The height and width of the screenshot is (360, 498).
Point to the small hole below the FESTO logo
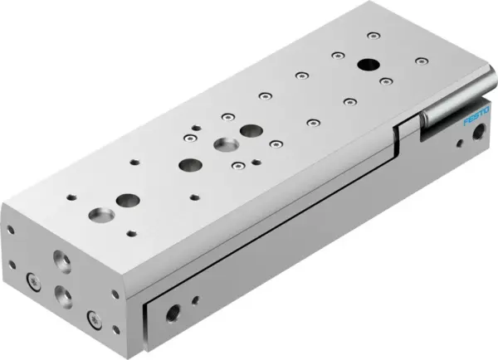pyautogui.click(x=459, y=142)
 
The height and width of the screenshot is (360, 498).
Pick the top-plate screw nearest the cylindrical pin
pyautogui.click(x=423, y=60)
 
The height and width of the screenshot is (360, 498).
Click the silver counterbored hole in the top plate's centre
pyautogui.click(x=223, y=146)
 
